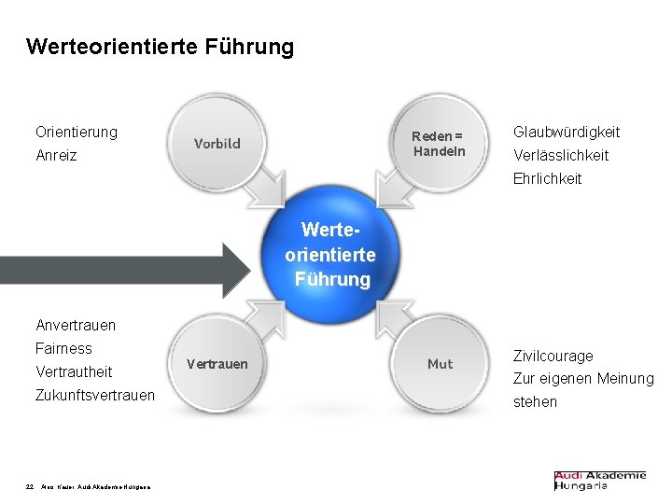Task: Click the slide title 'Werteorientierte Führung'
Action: [160, 46]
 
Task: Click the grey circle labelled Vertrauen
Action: [217, 364]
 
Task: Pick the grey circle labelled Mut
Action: [440, 364]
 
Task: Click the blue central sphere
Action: [332, 254]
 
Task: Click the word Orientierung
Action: [77, 132]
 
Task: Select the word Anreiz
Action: [56, 155]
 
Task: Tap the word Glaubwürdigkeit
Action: [567, 133]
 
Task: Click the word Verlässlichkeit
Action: [561, 155]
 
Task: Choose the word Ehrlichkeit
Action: [547, 178]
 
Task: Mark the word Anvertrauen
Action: [76, 325]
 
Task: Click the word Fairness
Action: [63, 348]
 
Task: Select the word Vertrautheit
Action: [74, 371]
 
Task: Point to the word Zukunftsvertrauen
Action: [95, 395]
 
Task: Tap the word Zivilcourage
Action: [553, 356]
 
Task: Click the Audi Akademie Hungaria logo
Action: [599, 480]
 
